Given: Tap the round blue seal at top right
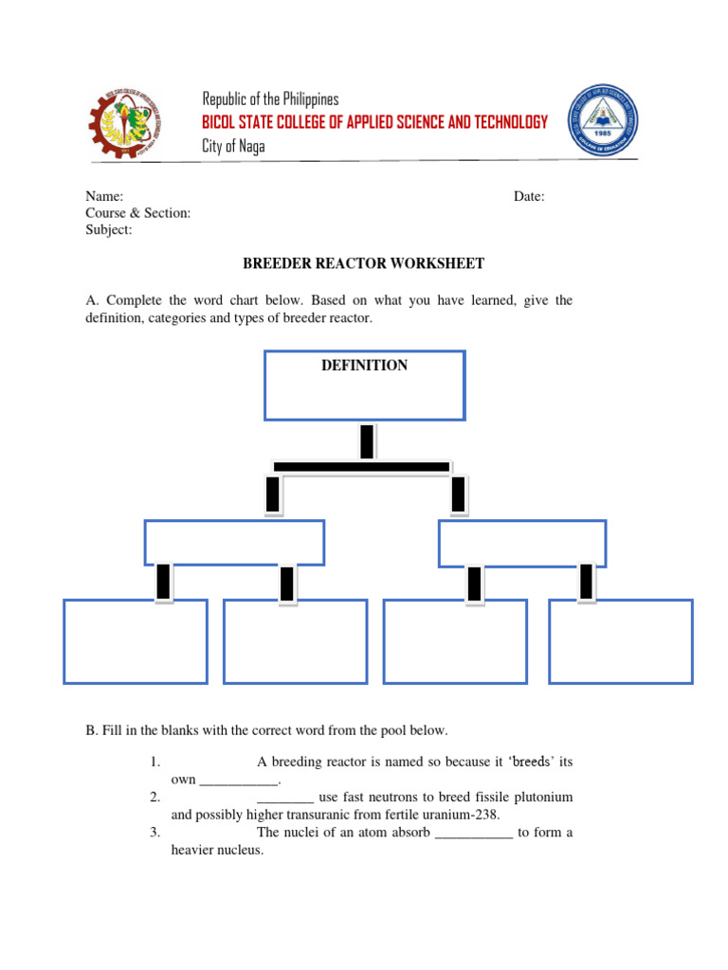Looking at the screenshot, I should point(603,121).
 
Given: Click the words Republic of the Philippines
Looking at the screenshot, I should point(270,99).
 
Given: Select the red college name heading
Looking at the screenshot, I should point(375,122).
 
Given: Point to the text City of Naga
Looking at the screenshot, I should point(234,146).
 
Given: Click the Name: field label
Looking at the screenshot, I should point(104,196).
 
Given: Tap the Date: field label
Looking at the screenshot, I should point(529,196).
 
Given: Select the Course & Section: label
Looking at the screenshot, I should point(137,213).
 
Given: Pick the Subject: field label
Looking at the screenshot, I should point(109,230).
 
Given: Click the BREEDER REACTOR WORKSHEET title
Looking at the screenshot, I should point(364,263).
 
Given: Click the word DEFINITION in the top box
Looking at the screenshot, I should point(365,366).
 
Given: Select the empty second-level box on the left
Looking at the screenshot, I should point(234,542).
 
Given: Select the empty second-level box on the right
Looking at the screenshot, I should point(522,542).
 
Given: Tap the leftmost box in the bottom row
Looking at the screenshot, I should point(136,641).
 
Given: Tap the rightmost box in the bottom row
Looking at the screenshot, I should point(621,641).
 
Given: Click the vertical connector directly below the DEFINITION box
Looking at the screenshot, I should point(367,440).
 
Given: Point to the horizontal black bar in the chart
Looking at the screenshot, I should point(361,466).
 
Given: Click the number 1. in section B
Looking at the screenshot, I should point(155,762).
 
